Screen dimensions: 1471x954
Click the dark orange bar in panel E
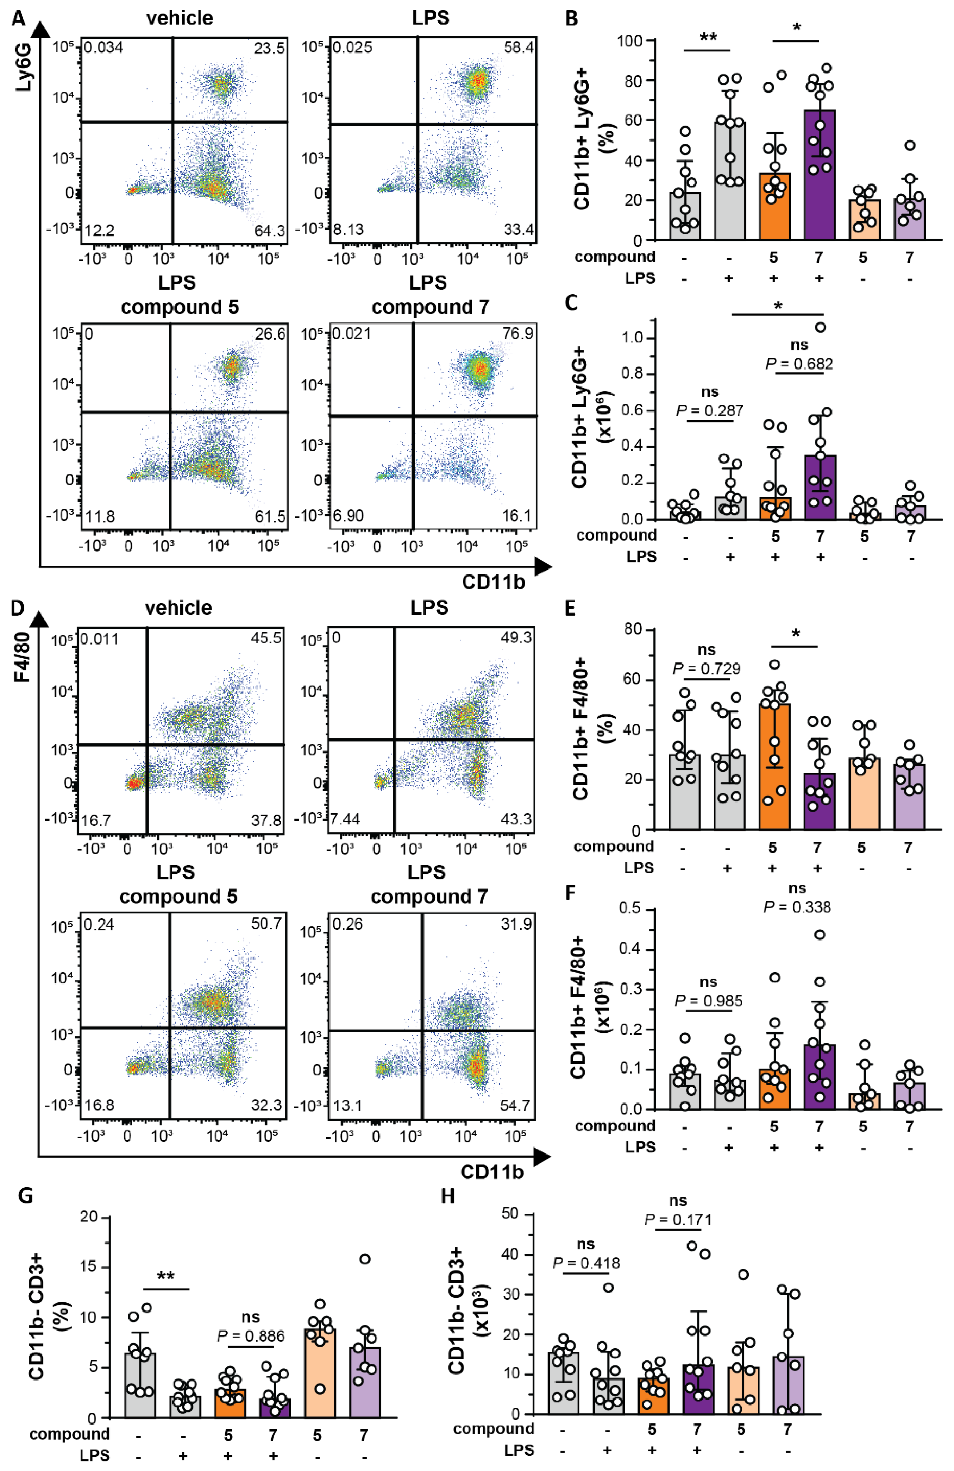773,766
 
